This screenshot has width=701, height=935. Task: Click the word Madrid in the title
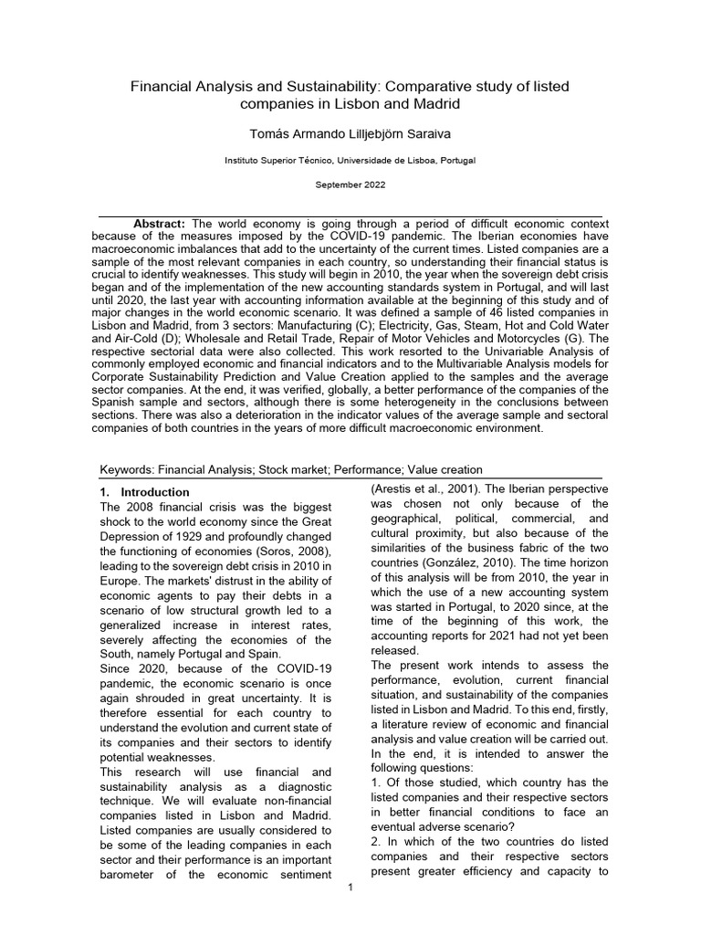[x=434, y=104]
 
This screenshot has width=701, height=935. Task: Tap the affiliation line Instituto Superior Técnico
[x=350, y=160]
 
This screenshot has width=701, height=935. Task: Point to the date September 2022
[x=350, y=184]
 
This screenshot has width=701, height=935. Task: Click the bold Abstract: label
[x=160, y=224]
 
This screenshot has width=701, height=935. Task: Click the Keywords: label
[x=127, y=469]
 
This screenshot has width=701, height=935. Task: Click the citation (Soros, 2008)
[x=298, y=552]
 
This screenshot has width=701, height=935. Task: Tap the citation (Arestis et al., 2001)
[x=423, y=489]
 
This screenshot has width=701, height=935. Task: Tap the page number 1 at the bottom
[x=350, y=889]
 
